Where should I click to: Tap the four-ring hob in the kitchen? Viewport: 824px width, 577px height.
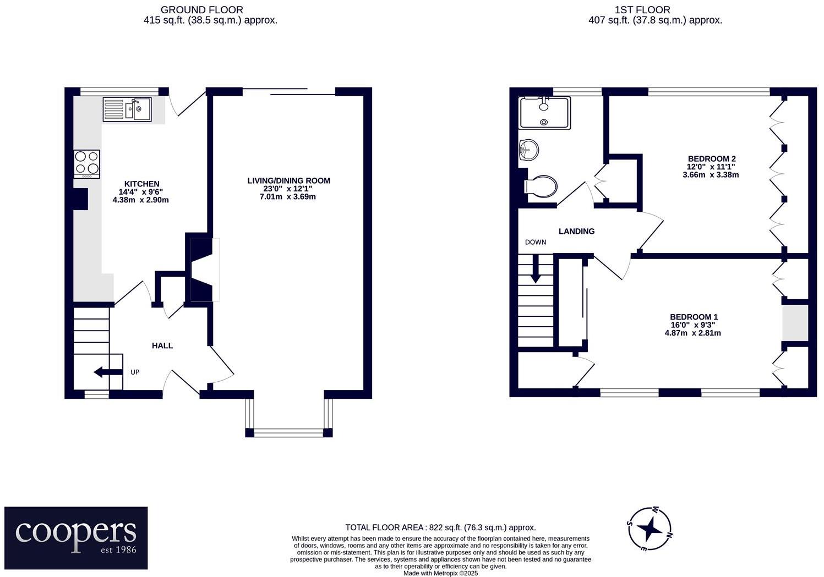tap(87, 163)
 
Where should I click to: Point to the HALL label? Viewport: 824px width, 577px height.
tap(162, 345)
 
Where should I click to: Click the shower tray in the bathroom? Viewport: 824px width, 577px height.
tap(544, 113)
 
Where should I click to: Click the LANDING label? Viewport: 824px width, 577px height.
tap(576, 232)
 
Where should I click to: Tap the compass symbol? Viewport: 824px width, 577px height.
tap(650, 528)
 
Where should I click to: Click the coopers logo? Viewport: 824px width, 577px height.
tap(76, 537)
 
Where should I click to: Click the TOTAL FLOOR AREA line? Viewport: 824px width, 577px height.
tap(440, 527)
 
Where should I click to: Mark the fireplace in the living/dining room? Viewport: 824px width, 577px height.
tap(201, 269)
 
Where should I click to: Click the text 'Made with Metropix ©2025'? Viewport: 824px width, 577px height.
tap(440, 573)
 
